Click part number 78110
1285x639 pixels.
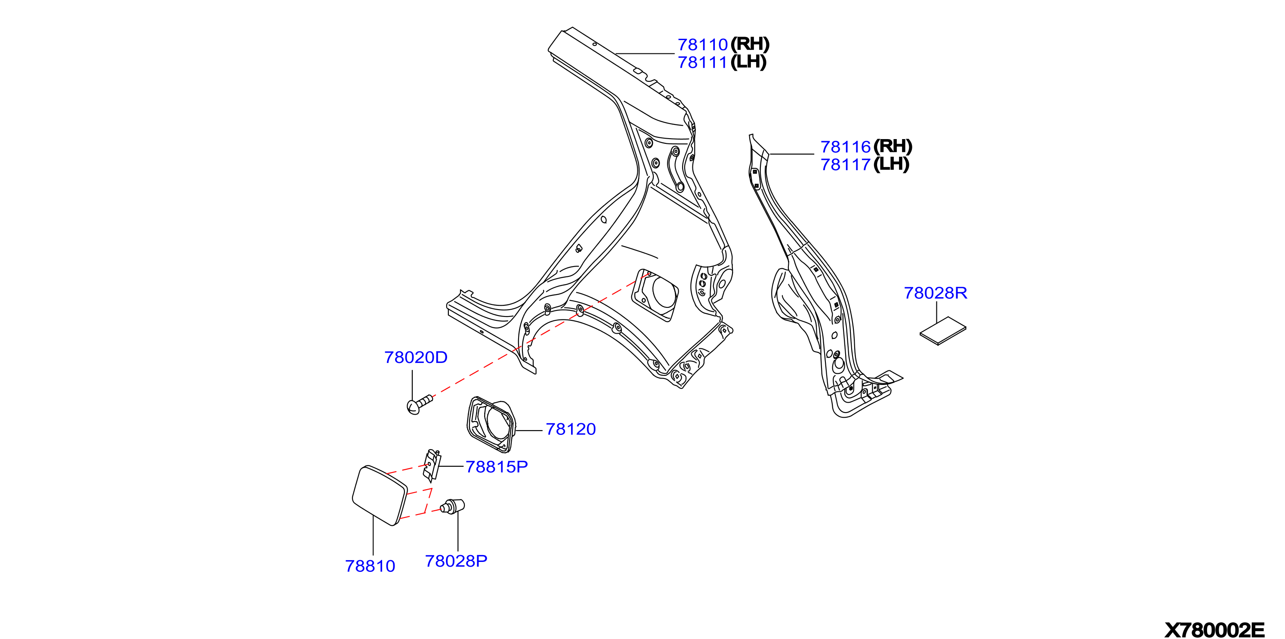click(x=702, y=45)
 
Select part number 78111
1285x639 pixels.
click(x=702, y=63)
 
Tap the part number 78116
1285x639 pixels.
click(x=846, y=147)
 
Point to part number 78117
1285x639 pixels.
click(x=846, y=165)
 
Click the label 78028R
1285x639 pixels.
click(x=935, y=293)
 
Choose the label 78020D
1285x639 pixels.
click(x=416, y=357)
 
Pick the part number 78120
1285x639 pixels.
click(x=571, y=429)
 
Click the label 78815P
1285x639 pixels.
click(x=496, y=467)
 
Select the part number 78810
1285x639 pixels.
click(x=370, y=566)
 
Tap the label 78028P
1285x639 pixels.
click(x=456, y=561)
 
